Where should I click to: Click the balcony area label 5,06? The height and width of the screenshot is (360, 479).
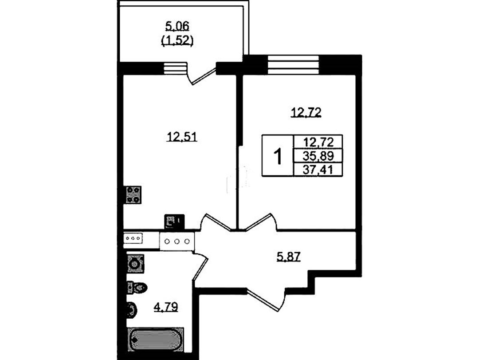click(x=177, y=27)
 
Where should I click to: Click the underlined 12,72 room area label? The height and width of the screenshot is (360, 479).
click(x=306, y=113)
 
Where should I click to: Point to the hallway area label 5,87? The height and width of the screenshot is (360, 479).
click(x=289, y=257)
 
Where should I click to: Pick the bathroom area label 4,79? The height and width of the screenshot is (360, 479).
click(x=165, y=306)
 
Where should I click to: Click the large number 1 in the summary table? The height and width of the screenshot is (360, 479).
click(x=278, y=156)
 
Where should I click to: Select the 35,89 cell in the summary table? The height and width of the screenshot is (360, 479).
click(x=318, y=156)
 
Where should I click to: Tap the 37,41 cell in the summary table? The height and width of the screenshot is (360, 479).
click(x=318, y=169)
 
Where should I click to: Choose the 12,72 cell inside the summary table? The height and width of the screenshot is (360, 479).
click(x=318, y=142)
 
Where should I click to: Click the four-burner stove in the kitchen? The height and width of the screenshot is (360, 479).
click(x=133, y=194)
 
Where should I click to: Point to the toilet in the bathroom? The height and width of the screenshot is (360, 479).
click(x=137, y=288)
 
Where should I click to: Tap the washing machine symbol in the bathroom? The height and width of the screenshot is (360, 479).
click(x=135, y=264)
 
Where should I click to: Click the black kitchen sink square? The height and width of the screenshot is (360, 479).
click(x=174, y=222)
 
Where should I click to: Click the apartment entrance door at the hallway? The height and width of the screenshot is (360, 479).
click(x=266, y=301)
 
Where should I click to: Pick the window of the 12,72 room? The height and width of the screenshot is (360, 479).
click(x=293, y=65)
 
